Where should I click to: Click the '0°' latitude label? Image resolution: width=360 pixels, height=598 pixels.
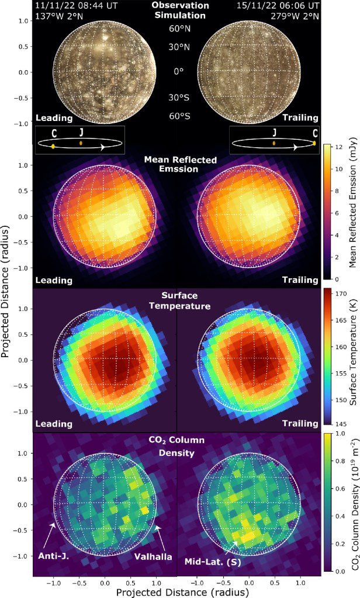tap(178, 71)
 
